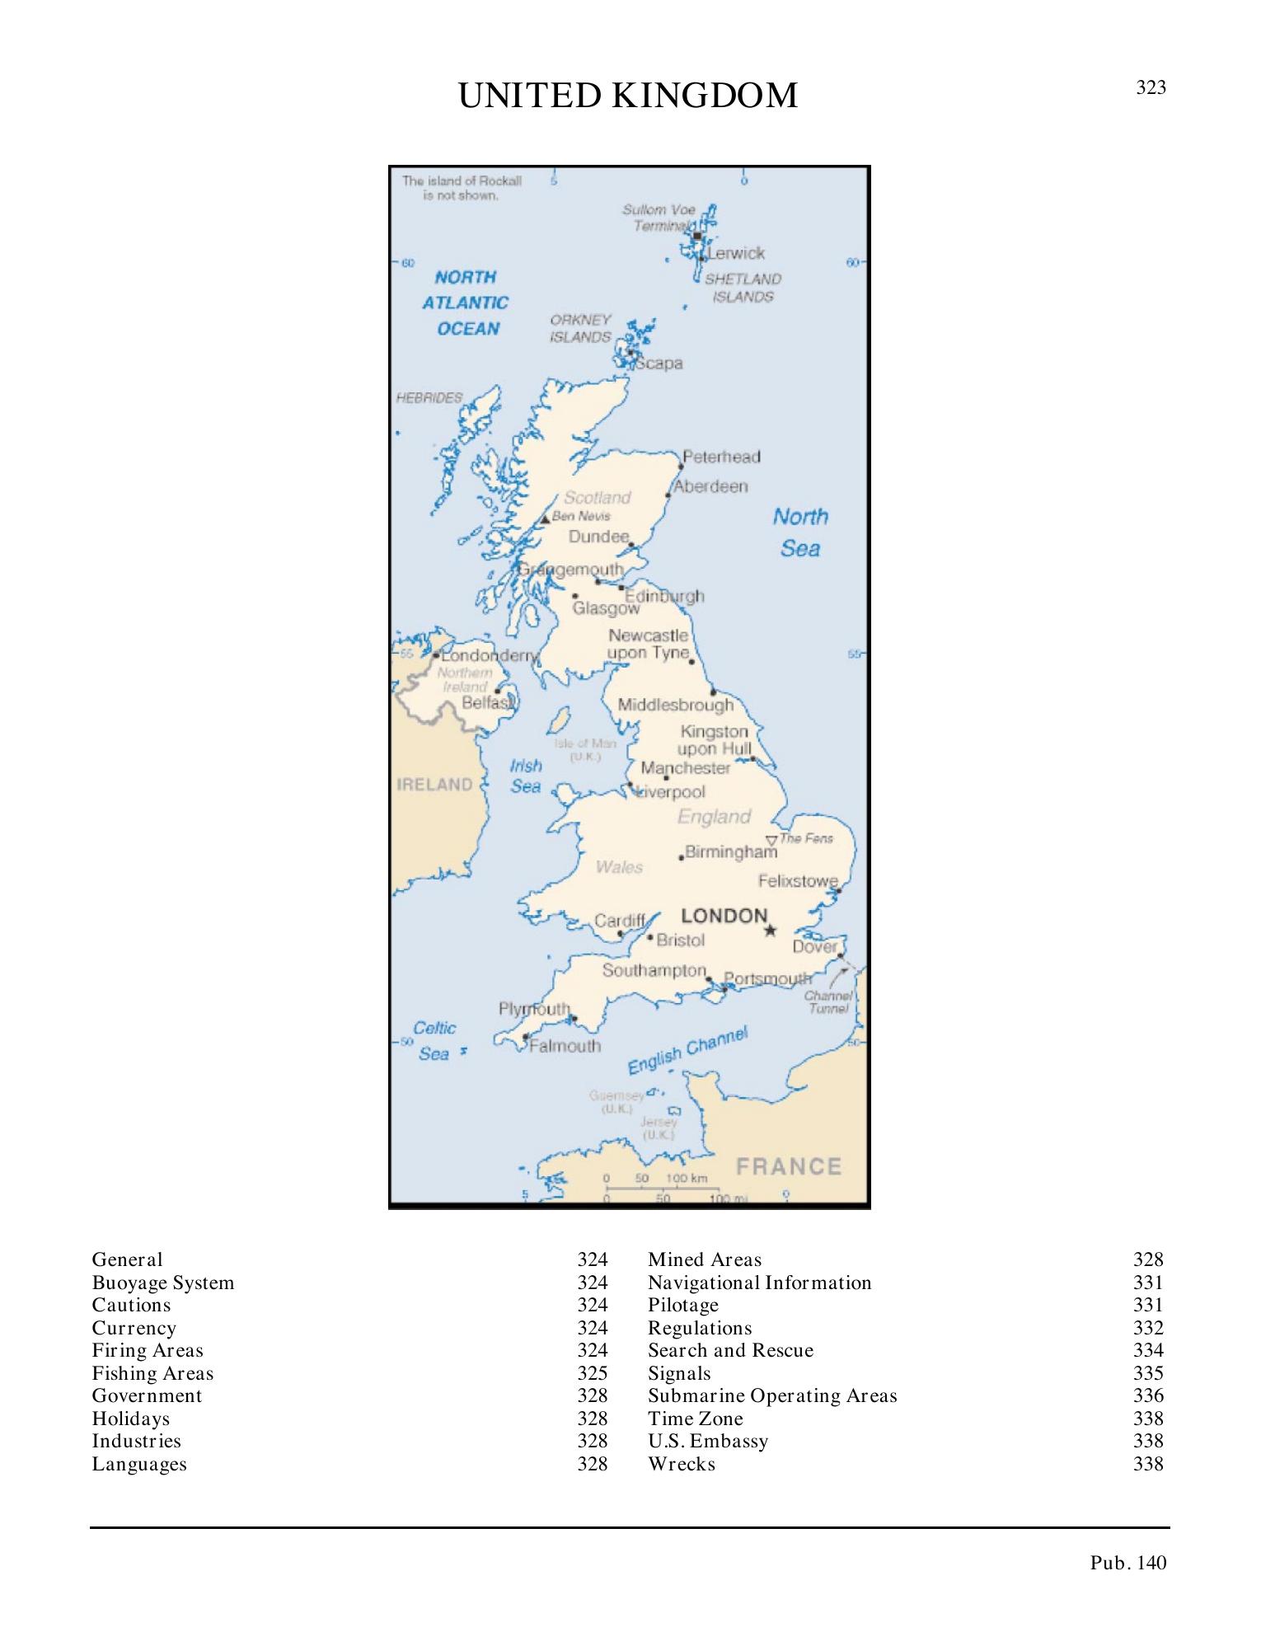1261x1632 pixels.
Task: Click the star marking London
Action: [770, 931]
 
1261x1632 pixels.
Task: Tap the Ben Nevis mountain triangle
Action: [545, 519]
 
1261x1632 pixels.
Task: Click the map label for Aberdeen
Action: [710, 486]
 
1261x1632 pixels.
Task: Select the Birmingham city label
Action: [731, 852]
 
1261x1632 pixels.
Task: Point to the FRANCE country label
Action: [789, 1166]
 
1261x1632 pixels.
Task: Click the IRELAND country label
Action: [434, 784]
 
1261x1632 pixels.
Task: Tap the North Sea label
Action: [799, 532]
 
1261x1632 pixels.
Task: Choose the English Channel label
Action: [687, 1050]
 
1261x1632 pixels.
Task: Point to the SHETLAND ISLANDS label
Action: [743, 288]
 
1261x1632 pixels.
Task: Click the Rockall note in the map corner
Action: [462, 188]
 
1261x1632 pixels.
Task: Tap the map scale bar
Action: [657, 1189]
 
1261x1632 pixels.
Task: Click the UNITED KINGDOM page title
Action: [628, 96]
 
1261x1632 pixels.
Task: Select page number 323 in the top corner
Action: [1151, 87]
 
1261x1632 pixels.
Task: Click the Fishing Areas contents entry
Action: [152, 1373]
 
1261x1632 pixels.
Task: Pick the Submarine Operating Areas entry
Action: [772, 1395]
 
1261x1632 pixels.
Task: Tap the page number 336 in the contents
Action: [1148, 1395]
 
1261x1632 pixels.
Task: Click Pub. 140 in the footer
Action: [1128, 1563]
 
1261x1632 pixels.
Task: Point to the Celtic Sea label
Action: [434, 1040]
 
